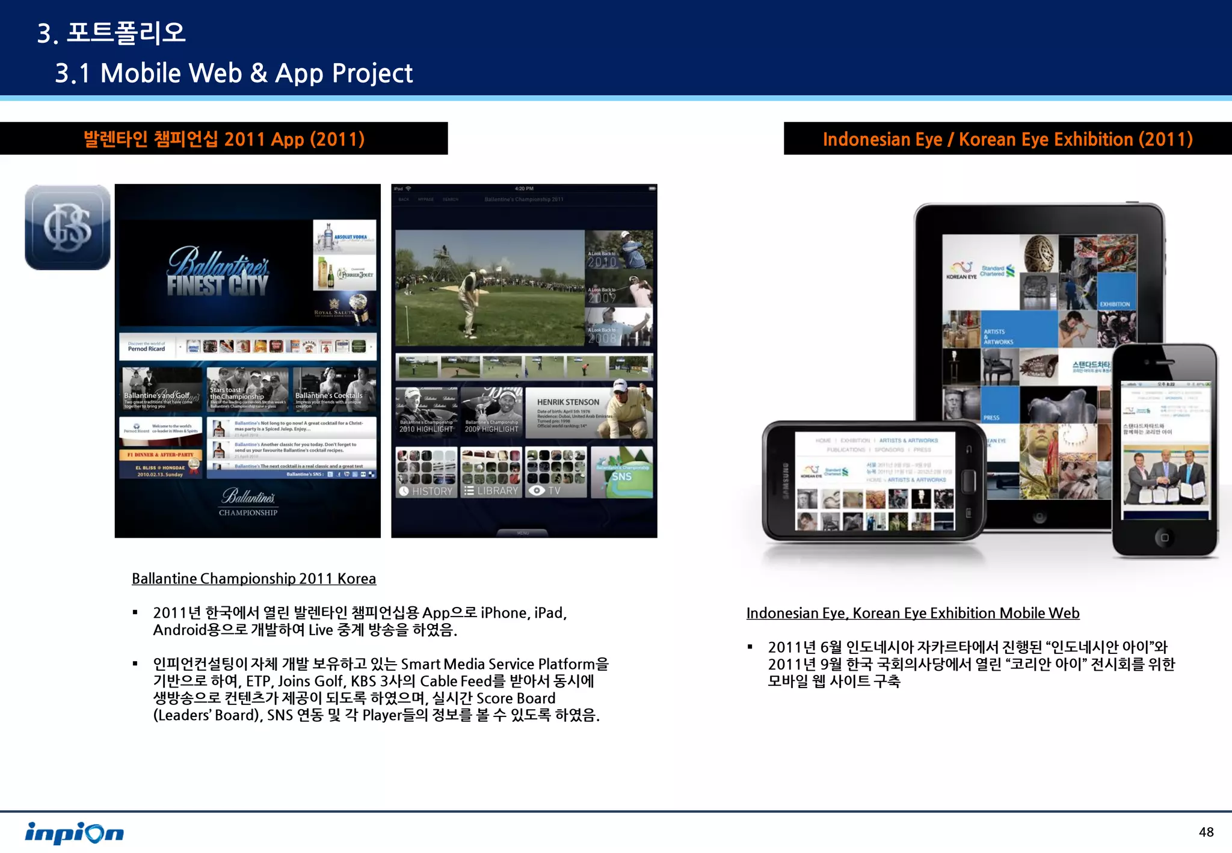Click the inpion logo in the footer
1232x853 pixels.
coord(74,833)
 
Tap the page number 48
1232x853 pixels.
coord(1206,832)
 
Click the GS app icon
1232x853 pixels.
coord(67,227)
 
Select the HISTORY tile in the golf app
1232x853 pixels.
coord(427,491)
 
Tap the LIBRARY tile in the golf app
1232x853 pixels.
coord(491,491)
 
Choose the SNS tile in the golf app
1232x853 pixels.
coord(621,476)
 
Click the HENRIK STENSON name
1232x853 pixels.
coord(568,402)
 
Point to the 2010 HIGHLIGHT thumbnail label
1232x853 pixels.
coord(426,429)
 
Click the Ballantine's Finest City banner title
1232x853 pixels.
coord(217,273)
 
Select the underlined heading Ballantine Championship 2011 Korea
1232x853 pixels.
coord(254,579)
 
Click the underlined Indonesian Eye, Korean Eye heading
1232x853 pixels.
coord(913,613)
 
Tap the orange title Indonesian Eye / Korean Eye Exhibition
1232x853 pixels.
coord(1008,140)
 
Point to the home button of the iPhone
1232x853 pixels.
coord(1164,537)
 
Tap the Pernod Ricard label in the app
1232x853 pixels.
coord(146,348)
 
